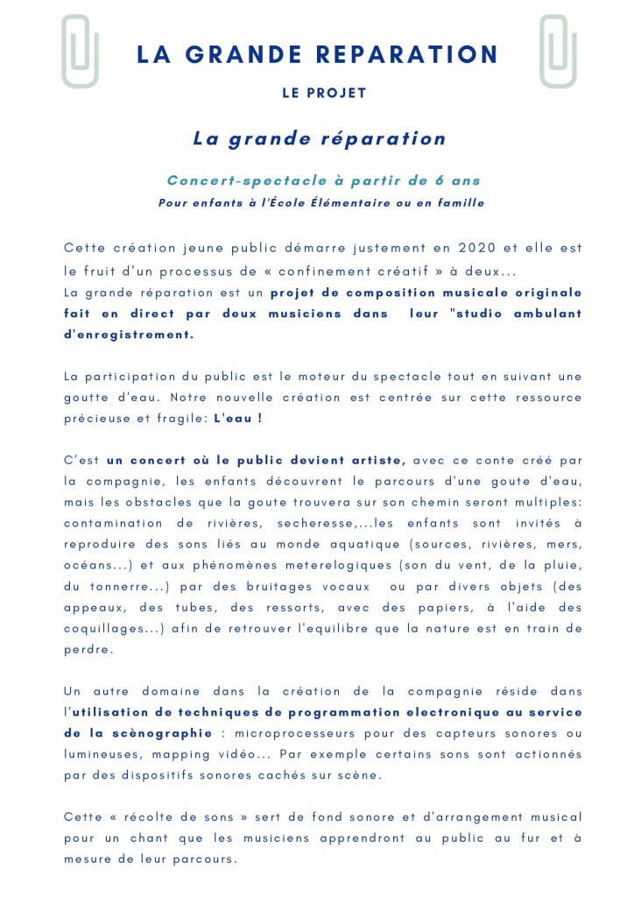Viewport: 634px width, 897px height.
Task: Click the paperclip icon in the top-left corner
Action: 80,52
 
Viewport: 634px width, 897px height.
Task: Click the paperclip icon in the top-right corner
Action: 558,52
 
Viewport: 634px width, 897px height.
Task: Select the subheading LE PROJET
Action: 324,94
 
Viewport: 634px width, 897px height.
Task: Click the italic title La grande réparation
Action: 320,138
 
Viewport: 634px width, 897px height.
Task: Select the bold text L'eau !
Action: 238,418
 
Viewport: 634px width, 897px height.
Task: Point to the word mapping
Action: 173,754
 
